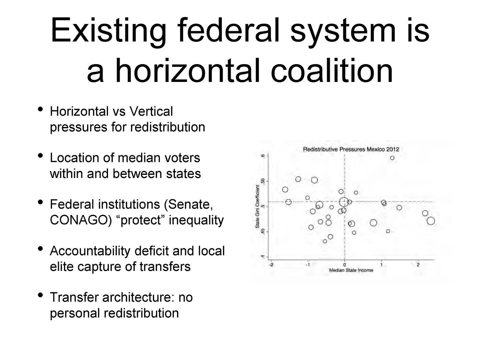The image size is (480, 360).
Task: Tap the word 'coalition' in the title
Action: point(332,70)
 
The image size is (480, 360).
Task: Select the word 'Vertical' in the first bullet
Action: point(151,111)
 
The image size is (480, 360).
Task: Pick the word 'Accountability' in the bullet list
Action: point(90,251)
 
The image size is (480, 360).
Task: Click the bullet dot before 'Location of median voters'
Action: point(40,156)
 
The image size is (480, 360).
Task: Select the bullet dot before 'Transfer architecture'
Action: point(40,295)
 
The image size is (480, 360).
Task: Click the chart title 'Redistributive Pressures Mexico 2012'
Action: point(351,149)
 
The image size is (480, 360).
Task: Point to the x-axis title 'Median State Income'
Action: point(351,270)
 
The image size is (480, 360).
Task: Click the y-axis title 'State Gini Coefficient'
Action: point(257,206)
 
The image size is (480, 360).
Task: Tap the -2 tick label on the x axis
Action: point(271,265)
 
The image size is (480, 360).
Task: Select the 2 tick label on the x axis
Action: point(418,265)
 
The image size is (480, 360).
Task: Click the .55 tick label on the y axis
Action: point(263,181)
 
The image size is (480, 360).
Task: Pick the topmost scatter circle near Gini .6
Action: point(392,158)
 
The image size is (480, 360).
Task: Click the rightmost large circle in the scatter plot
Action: point(431,221)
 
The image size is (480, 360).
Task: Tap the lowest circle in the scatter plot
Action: point(325,241)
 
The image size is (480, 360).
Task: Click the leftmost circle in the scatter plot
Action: point(285,190)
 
